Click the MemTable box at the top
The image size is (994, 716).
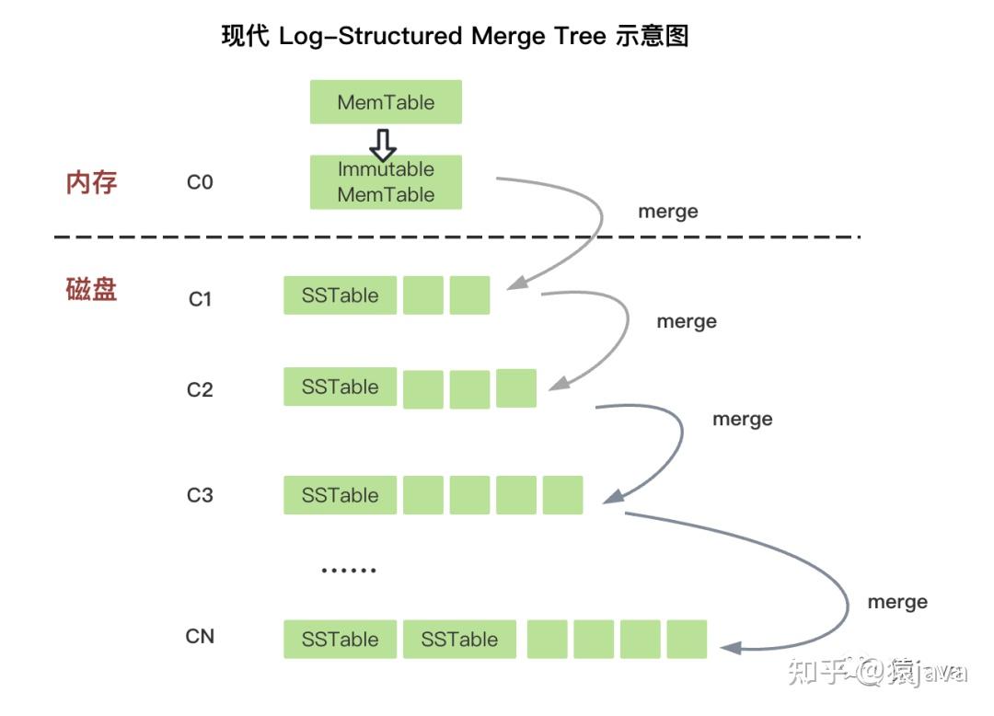386,102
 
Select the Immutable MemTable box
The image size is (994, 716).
386,182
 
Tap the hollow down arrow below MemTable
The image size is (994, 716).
383,144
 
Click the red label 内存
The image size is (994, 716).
92,182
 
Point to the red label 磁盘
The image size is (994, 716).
92,290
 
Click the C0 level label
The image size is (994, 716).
200,182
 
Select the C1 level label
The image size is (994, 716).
200,299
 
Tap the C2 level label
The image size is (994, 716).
200,389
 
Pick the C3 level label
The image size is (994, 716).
200,495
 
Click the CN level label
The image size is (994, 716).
200,636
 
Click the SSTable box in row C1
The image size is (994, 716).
340,295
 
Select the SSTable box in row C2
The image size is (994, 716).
340,387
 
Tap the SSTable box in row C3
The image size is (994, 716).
340,495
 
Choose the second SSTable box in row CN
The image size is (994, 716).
459,640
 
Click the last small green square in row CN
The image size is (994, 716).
687,640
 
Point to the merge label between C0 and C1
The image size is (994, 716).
668,212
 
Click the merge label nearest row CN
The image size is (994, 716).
897,603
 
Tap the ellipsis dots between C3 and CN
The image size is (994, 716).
349,571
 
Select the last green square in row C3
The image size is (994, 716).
562,495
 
